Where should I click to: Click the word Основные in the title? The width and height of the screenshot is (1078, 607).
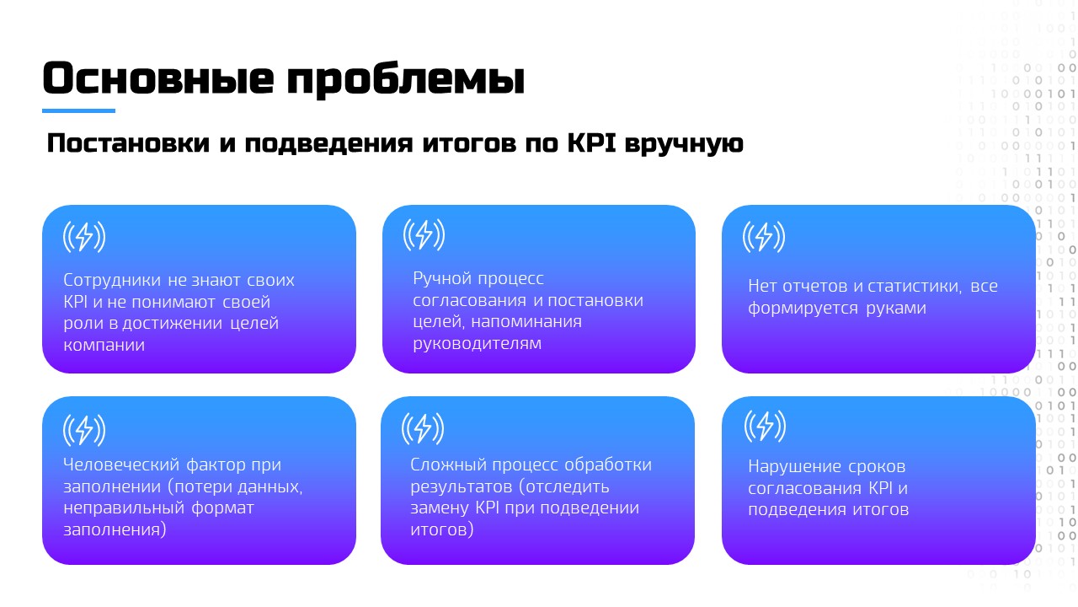[x=158, y=78]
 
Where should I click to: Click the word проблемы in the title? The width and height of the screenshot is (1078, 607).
[x=406, y=80]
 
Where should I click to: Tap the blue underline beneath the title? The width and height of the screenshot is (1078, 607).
[x=78, y=110]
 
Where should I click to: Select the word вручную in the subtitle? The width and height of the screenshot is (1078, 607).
[x=684, y=144]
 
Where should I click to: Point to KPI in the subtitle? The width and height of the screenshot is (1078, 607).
[x=591, y=142]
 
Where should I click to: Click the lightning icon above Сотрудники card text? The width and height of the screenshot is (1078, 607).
[x=84, y=237]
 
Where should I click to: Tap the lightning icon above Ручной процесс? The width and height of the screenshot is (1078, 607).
[x=424, y=234]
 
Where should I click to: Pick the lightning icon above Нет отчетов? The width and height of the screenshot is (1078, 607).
[x=764, y=237]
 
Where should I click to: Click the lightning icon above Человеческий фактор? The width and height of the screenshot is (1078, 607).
[x=84, y=430]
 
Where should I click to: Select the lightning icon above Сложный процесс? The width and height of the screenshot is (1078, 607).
[x=423, y=427]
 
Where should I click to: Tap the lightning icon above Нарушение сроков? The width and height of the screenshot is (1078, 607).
[x=766, y=427]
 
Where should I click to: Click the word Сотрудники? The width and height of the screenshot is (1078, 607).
[x=112, y=281]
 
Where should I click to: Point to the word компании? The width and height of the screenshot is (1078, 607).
[x=104, y=345]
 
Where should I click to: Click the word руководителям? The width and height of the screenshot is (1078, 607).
[x=477, y=344]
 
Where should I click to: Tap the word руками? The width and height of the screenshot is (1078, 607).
[x=896, y=309]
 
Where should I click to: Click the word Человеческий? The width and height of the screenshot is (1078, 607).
[x=120, y=465]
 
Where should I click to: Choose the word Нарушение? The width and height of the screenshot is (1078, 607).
[x=794, y=467]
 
